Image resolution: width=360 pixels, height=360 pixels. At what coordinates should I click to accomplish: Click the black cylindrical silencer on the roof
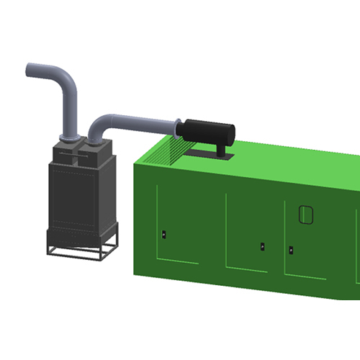(x=210, y=132)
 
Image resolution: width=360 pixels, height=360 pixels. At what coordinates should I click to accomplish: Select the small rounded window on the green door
(x=306, y=214)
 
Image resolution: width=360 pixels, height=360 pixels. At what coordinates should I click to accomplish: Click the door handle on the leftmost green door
(x=164, y=234)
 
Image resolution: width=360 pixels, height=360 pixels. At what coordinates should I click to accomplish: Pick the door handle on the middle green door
(x=262, y=246)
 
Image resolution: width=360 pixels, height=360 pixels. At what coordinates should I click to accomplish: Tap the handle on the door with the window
(x=291, y=251)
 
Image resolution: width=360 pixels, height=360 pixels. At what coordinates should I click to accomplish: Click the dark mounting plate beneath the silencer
(x=209, y=153)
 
